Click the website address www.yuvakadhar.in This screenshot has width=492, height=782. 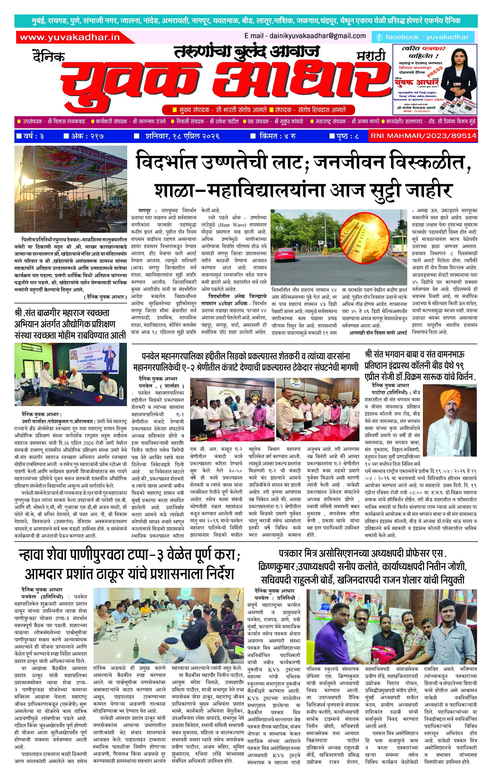[70, 37]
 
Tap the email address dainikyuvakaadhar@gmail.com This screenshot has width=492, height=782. [305, 36]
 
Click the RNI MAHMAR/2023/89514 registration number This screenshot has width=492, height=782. [423, 136]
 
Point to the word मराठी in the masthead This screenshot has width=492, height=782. [371, 56]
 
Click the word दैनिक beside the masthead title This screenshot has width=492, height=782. [49, 56]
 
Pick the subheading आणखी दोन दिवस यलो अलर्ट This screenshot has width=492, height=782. [378, 333]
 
